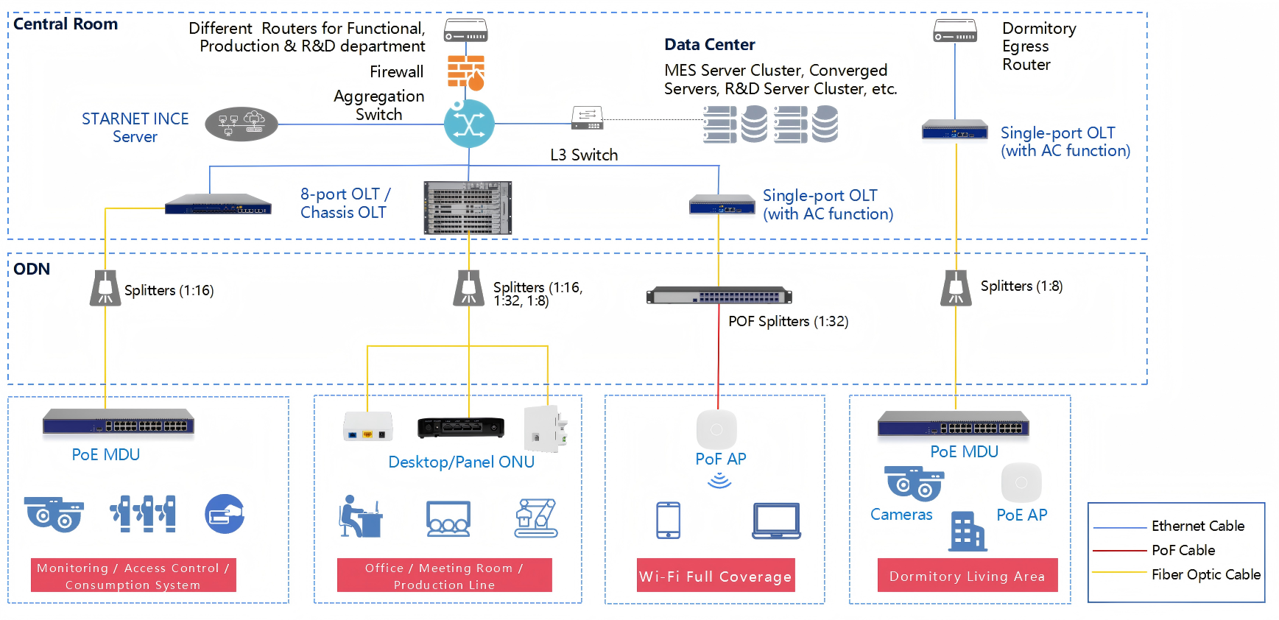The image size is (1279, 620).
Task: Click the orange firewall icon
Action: click(x=466, y=72)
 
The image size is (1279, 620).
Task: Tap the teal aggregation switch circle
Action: click(x=469, y=124)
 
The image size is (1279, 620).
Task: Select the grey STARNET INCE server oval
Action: click(x=241, y=124)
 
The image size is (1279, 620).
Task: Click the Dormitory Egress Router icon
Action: click(x=955, y=31)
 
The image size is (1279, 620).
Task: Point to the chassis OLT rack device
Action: click(x=468, y=208)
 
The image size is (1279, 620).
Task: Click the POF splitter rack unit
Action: click(x=719, y=296)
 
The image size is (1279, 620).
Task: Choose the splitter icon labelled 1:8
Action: click(x=956, y=288)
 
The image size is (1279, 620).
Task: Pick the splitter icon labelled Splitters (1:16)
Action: click(x=105, y=288)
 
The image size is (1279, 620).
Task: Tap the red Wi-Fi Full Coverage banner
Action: click(x=716, y=576)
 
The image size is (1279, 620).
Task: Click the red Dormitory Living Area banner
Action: click(x=967, y=576)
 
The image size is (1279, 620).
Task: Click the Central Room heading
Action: click(x=66, y=24)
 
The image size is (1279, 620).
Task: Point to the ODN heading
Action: click(x=32, y=270)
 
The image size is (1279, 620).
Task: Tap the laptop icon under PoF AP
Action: click(x=776, y=521)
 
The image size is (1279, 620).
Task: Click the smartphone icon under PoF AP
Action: click(x=668, y=521)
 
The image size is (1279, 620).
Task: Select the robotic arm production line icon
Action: click(x=536, y=518)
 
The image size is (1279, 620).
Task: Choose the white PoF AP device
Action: click(x=716, y=429)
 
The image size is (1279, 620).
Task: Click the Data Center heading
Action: click(x=709, y=45)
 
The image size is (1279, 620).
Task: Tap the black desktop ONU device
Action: click(x=461, y=427)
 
